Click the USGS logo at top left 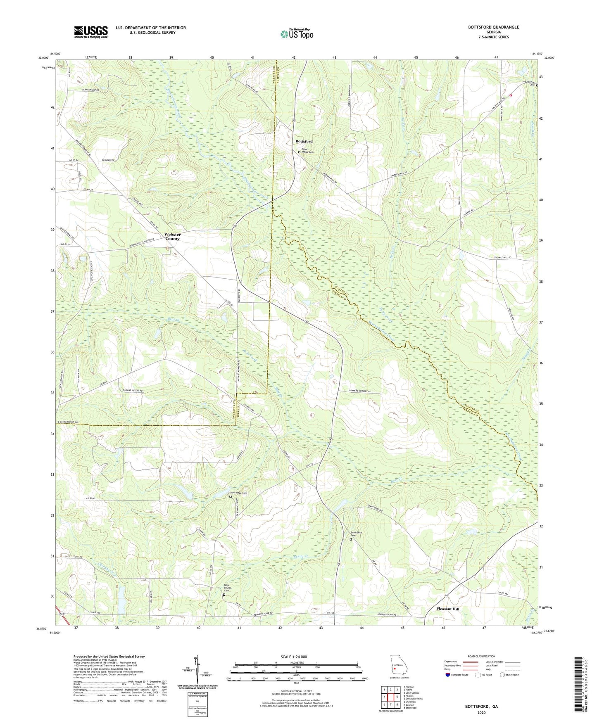point(91,32)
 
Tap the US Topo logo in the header point(297,34)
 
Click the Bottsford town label point(304,141)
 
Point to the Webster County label point(173,237)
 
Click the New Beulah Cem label point(226,587)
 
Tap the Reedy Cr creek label point(301,556)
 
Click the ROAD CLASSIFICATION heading point(481,656)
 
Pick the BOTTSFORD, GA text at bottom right point(481,707)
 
